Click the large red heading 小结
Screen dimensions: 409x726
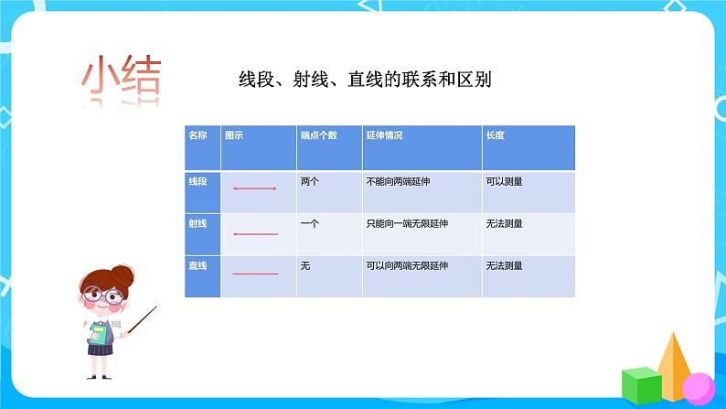point(122,79)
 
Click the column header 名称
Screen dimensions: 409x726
point(198,135)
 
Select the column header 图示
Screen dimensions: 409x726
point(234,135)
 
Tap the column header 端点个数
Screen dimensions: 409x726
point(318,135)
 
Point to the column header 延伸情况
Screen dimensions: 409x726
point(384,135)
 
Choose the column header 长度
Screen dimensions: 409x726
point(496,135)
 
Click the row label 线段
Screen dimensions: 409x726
point(198,181)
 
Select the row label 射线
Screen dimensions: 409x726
point(198,223)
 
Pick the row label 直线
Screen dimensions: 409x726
point(198,265)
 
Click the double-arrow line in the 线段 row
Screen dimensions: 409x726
point(255,188)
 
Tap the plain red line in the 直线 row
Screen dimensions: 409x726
point(255,274)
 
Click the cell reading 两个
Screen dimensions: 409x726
point(309,181)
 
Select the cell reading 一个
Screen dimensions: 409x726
point(309,223)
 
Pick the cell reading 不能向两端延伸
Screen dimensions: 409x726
point(398,181)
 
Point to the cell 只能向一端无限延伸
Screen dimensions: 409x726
point(405,223)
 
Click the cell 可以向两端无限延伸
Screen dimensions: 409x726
point(405,265)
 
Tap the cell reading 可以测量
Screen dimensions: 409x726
point(505,181)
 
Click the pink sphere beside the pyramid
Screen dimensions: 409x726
point(697,385)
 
